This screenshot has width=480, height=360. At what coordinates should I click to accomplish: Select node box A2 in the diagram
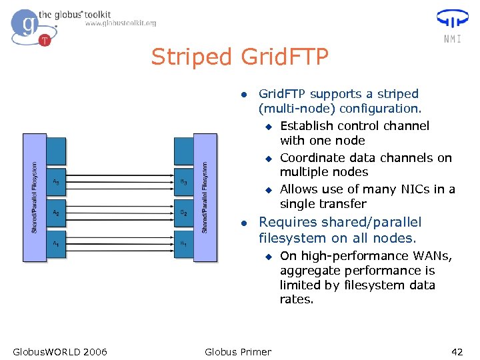click(x=57, y=213)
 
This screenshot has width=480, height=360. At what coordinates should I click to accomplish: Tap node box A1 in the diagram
click(x=57, y=244)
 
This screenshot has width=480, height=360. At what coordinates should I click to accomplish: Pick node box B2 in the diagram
click(x=183, y=213)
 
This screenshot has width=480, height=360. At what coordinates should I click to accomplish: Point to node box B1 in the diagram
click(x=183, y=244)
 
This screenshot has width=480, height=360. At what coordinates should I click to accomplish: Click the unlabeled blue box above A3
click(x=57, y=151)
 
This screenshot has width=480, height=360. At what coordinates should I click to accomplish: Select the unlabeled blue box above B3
click(x=183, y=151)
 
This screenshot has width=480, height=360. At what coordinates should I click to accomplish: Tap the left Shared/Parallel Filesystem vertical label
click(x=35, y=197)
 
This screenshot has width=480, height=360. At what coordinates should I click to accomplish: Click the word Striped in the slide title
click(x=191, y=58)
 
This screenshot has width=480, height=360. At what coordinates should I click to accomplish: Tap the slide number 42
click(x=457, y=351)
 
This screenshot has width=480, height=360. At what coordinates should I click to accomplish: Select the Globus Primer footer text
click(x=238, y=351)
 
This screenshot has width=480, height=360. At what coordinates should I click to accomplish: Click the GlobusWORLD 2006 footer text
click(x=60, y=351)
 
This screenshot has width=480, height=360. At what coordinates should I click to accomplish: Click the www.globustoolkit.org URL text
click(x=121, y=23)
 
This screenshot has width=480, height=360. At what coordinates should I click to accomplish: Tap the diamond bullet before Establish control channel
click(x=268, y=126)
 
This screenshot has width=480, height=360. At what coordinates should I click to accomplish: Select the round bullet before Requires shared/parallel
click(x=245, y=223)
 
